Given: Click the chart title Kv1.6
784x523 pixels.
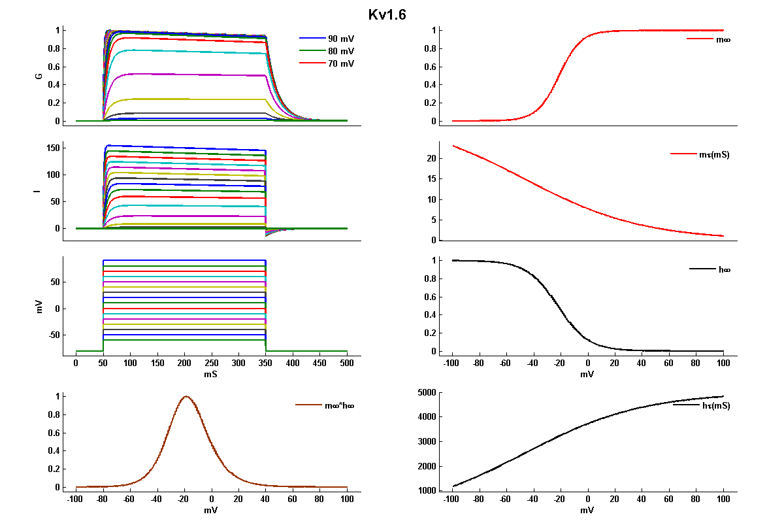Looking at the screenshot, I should coord(387,15).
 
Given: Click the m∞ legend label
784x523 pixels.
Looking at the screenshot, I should coord(723,40).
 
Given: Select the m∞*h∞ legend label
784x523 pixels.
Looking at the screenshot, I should coord(340,405).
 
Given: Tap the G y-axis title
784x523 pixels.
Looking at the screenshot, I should coord(39,76).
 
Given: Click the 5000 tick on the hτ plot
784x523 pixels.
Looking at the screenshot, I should coord(427,392).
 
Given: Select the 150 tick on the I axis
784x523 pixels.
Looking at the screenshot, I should coord(52,148).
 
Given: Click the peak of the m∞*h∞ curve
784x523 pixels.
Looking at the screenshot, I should coord(186,396).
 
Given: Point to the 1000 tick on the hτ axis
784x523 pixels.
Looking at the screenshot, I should coord(427,490).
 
